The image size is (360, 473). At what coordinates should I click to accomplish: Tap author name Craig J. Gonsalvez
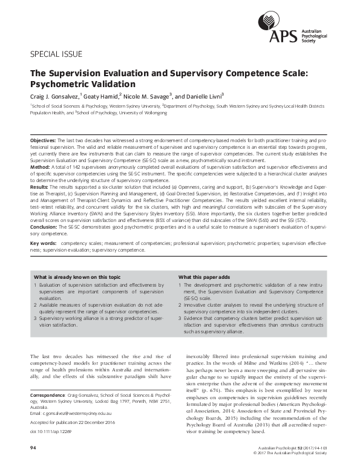click(56, 96)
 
